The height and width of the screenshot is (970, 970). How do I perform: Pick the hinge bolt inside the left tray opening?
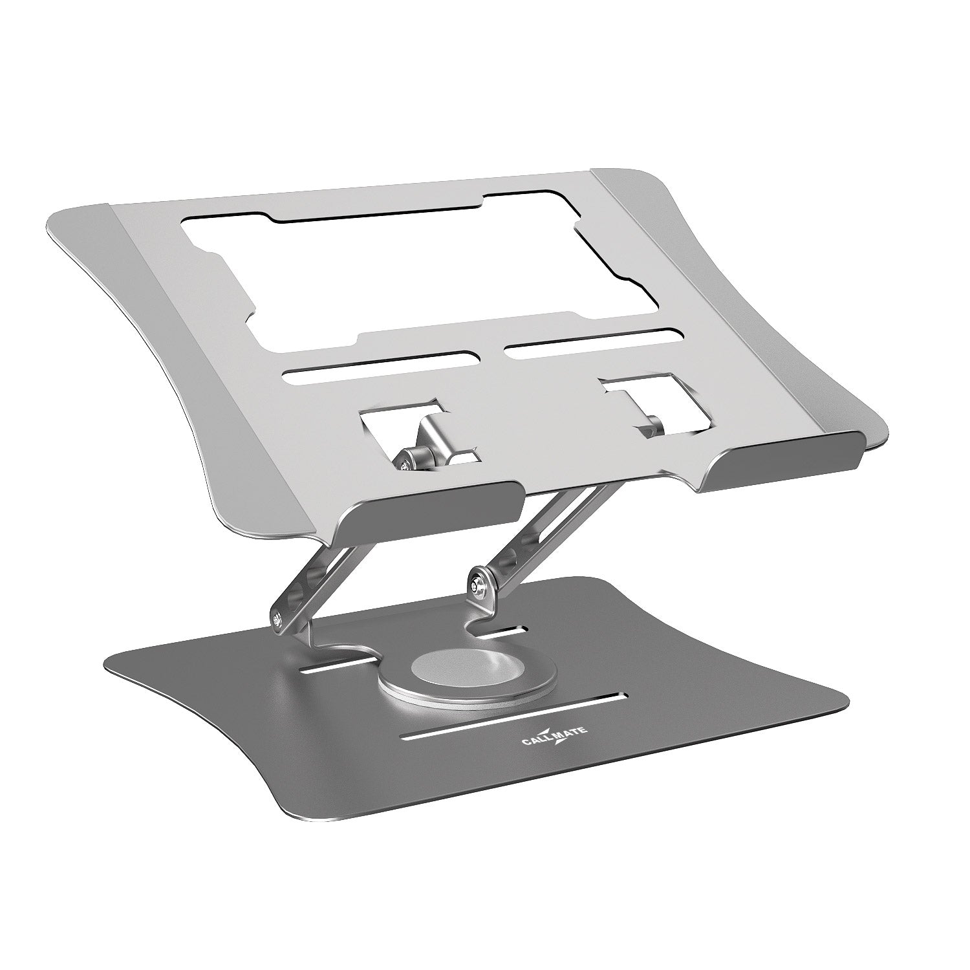pyautogui.click(x=405, y=460)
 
